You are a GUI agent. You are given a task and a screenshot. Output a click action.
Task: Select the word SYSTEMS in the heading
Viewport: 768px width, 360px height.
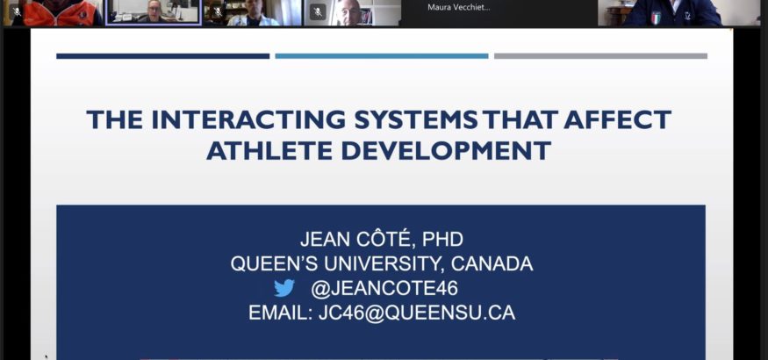pyautogui.click(x=416, y=119)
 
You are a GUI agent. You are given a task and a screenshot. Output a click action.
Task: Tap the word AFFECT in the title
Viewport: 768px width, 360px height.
pyautogui.click(x=617, y=119)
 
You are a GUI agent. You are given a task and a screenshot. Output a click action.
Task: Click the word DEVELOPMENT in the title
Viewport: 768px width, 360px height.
pyautogui.click(x=446, y=151)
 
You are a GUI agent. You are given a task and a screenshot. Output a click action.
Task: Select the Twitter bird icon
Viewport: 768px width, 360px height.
pyautogui.click(x=284, y=288)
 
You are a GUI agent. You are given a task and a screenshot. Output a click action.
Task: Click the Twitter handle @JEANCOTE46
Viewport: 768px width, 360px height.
pyautogui.click(x=384, y=289)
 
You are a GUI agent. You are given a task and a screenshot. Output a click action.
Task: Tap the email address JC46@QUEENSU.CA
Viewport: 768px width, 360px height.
pyautogui.click(x=417, y=313)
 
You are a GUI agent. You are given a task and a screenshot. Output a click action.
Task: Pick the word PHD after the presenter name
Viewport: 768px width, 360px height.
pyautogui.click(x=442, y=240)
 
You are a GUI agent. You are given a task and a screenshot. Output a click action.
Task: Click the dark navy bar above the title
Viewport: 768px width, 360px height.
pyautogui.click(x=163, y=56)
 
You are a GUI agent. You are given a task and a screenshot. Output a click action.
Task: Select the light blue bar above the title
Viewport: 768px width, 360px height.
pyautogui.click(x=382, y=56)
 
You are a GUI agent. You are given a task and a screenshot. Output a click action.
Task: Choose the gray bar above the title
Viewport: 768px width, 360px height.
pyautogui.click(x=600, y=56)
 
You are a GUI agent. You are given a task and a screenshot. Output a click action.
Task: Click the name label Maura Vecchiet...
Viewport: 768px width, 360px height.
pyautogui.click(x=458, y=7)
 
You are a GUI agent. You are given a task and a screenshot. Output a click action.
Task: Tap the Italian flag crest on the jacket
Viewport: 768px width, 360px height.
pyautogui.click(x=656, y=18)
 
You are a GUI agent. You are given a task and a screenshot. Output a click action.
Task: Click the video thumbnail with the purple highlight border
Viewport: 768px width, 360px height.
pyautogui.click(x=154, y=11)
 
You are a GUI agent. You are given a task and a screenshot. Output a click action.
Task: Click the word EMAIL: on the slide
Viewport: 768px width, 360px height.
pyautogui.click(x=280, y=313)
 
